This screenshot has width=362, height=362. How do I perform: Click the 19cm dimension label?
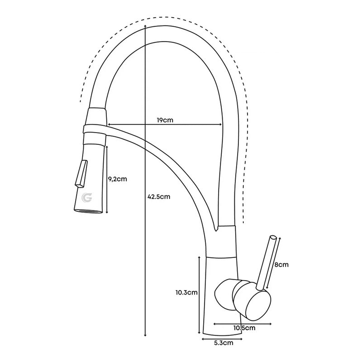pyautogui.click(x=165, y=120)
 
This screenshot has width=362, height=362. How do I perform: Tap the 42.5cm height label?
pyautogui.click(x=158, y=196)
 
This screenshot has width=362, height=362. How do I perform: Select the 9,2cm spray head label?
pyautogui.click(x=118, y=178)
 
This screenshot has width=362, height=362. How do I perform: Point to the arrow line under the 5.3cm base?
pyautogui.click(x=222, y=338)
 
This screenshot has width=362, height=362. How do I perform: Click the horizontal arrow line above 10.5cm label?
pyautogui.click(x=243, y=324)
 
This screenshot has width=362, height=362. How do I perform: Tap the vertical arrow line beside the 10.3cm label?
pyautogui.click(x=199, y=294)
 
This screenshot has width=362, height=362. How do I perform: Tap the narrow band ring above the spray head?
pyautogui.click(x=95, y=129)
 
